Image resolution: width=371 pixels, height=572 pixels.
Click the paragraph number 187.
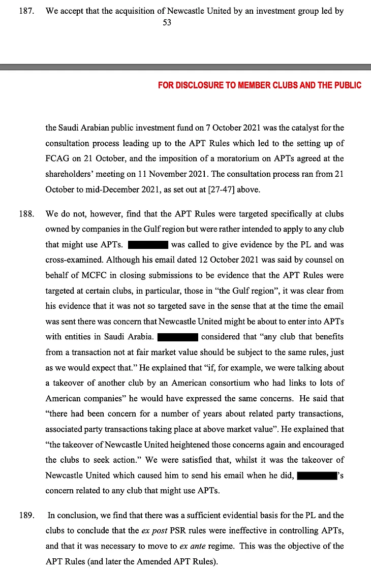(x=26, y=11)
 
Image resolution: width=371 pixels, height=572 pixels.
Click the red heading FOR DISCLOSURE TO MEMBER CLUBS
(x=260, y=85)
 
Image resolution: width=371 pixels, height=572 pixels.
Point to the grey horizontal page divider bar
(x=185, y=67)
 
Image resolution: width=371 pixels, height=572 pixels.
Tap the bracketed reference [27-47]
(x=216, y=190)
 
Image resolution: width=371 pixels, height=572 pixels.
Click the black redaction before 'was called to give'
(x=148, y=245)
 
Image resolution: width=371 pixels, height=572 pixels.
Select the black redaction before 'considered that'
(x=177, y=337)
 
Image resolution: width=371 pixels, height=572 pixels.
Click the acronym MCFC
(x=86, y=275)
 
